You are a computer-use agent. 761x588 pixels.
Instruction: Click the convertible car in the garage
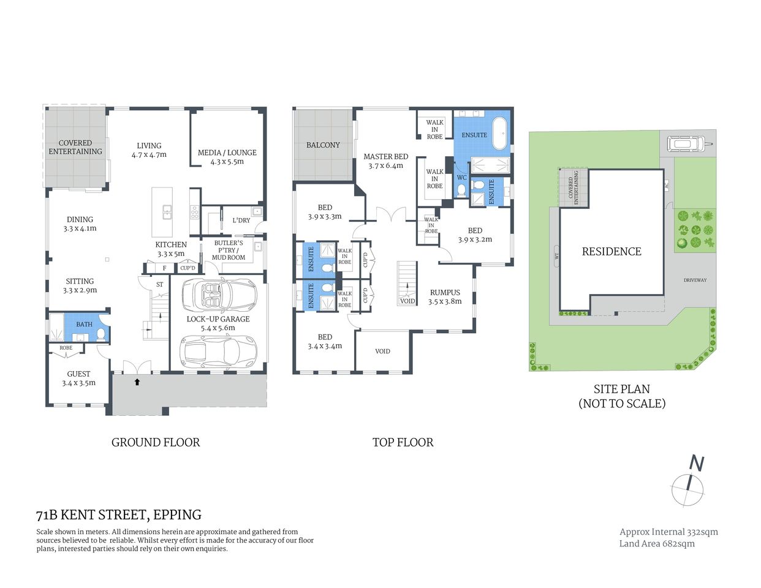[219, 295]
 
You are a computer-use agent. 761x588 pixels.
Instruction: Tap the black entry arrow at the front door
[137, 382]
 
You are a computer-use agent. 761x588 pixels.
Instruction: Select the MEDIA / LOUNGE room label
[227, 157]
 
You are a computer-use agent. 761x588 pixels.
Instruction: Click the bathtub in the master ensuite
[501, 135]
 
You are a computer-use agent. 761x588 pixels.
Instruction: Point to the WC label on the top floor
[461, 178]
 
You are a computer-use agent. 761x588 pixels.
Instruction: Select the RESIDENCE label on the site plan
[611, 251]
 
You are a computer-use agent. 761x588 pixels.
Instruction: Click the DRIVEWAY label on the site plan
[695, 280]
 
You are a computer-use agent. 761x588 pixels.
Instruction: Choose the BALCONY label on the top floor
[323, 145]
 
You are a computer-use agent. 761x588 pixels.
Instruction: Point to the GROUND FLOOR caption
[156, 442]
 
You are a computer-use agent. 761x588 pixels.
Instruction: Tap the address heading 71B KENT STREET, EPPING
[119, 514]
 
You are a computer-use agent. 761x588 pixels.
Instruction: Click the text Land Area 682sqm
[657, 543]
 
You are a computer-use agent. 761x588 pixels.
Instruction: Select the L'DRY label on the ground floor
[241, 220]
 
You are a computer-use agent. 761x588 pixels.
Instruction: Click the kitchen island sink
[167, 212]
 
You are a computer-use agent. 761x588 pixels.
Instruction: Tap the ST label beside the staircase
[159, 284]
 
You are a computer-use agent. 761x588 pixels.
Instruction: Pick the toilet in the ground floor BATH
[100, 334]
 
